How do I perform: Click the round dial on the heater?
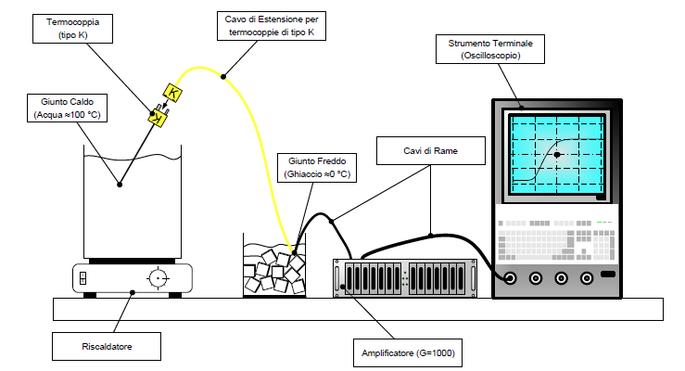point(159,277)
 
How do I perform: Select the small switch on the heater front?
point(83,277)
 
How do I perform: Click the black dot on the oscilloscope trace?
point(557,155)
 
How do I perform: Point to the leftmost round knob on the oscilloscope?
point(509,277)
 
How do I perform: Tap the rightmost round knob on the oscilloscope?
point(586,277)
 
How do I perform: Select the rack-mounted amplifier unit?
point(407,277)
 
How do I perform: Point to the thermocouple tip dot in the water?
point(119,184)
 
